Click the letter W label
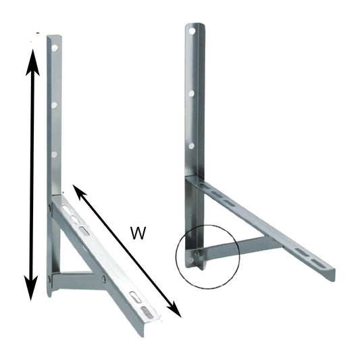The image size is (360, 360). point(138,234)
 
